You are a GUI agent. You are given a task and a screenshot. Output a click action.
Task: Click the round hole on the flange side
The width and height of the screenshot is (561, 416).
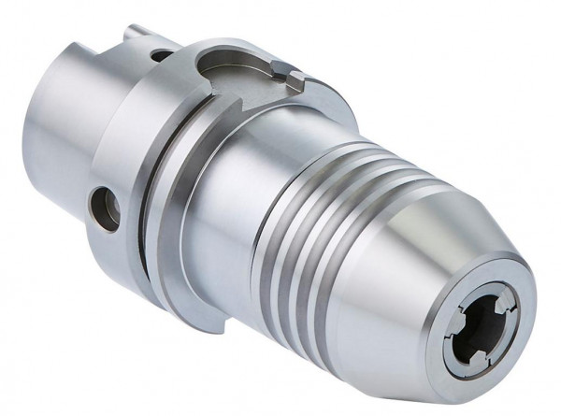(x=105, y=208)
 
